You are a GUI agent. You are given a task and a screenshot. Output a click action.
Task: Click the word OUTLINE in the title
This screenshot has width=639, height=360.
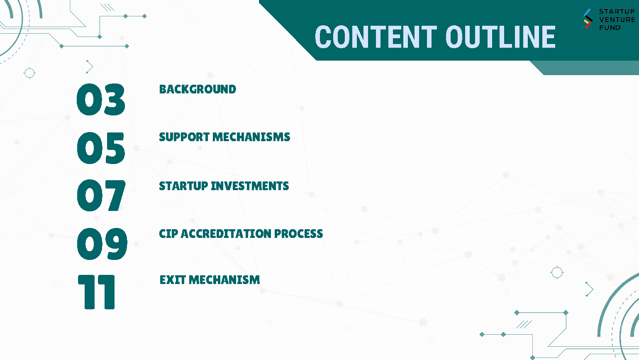(501, 37)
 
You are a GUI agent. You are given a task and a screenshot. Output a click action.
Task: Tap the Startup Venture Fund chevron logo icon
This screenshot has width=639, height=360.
(588, 19)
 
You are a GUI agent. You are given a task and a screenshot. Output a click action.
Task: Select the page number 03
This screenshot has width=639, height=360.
(101, 99)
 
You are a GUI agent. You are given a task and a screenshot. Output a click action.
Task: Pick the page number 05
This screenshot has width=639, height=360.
(101, 148)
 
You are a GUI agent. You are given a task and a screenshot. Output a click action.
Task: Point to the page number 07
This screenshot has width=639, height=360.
(101, 195)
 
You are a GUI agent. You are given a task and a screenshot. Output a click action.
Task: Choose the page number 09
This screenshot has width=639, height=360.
(102, 244)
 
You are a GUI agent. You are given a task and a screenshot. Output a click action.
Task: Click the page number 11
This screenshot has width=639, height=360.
(96, 292)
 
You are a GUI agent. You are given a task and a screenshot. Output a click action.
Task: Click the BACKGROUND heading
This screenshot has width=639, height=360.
(198, 89)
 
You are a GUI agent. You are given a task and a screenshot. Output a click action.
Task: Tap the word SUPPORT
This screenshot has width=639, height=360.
(184, 137)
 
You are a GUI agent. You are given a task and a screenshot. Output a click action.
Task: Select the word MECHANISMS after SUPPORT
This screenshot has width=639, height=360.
(251, 137)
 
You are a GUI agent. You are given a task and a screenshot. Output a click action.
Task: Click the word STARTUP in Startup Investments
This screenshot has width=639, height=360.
(183, 186)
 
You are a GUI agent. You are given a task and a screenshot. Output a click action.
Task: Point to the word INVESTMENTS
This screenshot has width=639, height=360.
(250, 186)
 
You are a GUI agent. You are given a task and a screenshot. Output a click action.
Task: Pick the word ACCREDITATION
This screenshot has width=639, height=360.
(226, 233)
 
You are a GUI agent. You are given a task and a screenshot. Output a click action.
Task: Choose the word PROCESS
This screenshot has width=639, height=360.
(299, 233)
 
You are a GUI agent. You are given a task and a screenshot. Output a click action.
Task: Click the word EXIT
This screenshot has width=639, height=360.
(173, 280)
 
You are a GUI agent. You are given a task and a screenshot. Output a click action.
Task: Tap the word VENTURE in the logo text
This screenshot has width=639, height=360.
(617, 20)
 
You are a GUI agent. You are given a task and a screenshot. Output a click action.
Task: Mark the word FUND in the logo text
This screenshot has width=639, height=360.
(610, 28)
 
